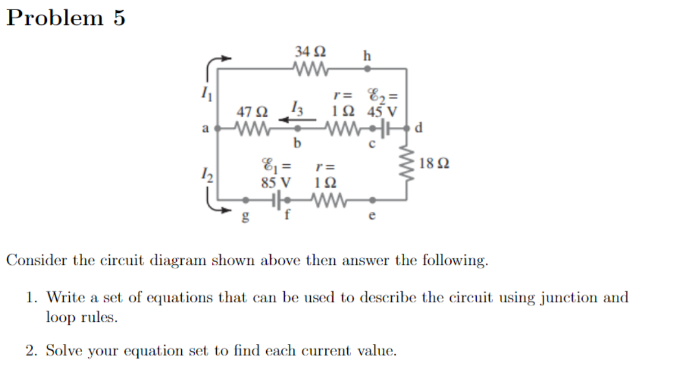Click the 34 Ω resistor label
tap(310, 52)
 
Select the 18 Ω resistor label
tap(435, 165)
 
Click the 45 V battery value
tap(382, 112)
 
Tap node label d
tap(418, 127)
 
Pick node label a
tap(206, 129)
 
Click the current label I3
tap(297, 107)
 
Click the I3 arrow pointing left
tap(290, 119)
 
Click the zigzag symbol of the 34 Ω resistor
tap(310, 69)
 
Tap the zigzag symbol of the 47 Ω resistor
tap(252, 129)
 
